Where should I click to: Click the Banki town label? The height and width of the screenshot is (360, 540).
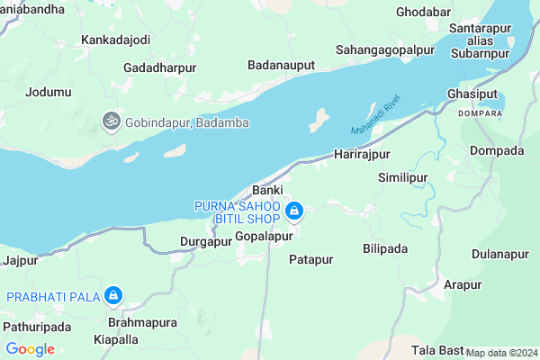268,191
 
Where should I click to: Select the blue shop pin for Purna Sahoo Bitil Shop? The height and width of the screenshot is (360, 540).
293,212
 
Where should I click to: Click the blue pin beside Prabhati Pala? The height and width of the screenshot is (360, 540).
113,295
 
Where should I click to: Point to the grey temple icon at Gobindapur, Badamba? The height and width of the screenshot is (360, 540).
111,121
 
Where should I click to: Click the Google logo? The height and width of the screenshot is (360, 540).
30,349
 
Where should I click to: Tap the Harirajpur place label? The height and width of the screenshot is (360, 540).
361,156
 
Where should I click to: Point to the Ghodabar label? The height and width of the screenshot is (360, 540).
423,13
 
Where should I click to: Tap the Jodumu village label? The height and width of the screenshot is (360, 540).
49,92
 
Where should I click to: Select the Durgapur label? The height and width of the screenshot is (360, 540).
206,241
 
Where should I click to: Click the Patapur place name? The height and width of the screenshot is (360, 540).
311,259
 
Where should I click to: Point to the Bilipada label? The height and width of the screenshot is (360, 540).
385,247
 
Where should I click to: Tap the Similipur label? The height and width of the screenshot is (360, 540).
402,177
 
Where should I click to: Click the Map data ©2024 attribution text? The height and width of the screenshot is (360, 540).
501,353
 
